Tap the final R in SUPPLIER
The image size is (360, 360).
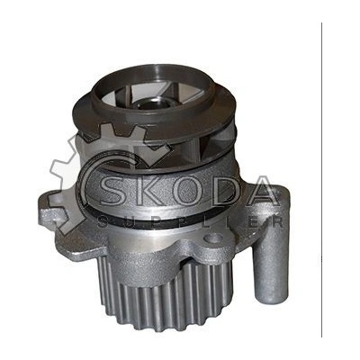[277, 222]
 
